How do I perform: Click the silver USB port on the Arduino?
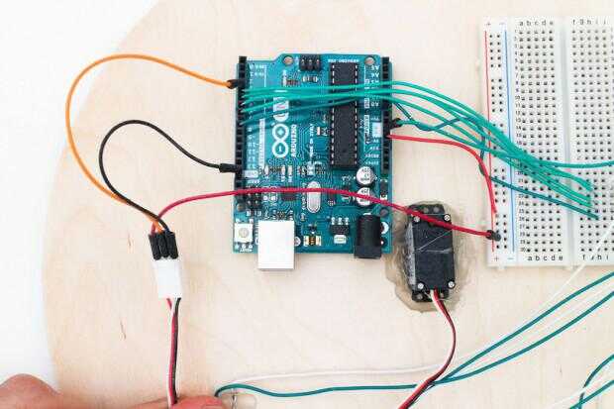pos(276,244)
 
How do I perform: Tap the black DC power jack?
pos(369,237)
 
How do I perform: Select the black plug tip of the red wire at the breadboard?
pos(492,234)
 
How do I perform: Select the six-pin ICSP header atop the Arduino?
pos(311,62)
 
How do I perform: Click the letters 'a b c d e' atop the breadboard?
pos(536,21)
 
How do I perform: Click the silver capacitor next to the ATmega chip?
pos(364,174)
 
